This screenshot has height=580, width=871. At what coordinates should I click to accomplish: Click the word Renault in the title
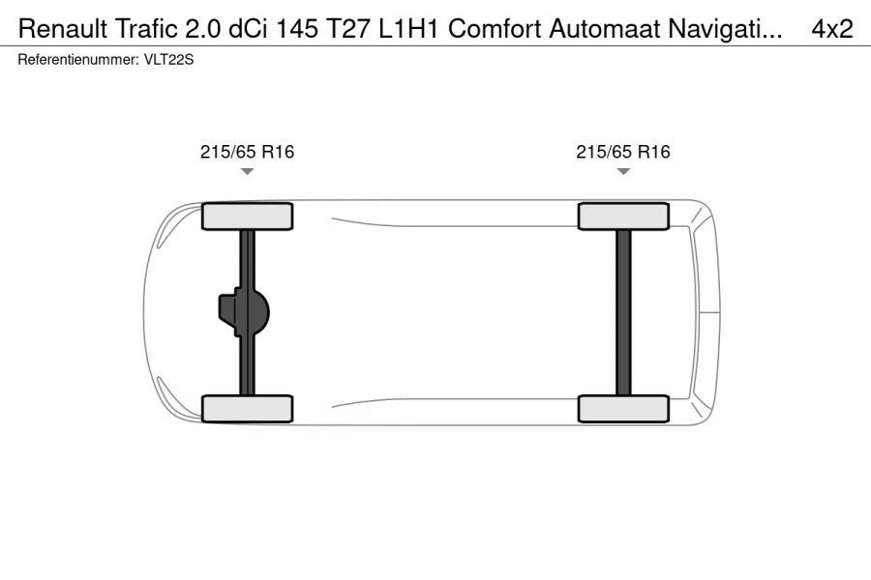(57, 29)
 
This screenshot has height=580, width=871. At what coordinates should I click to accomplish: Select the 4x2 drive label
(831, 29)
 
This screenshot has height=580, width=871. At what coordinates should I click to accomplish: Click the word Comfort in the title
(496, 29)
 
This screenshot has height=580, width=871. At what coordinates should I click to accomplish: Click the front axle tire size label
(247, 152)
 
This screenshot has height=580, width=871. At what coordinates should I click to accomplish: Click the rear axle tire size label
(623, 152)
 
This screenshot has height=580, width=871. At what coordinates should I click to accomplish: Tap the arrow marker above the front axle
(247, 171)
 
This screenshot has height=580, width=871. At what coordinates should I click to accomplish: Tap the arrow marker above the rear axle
(623, 171)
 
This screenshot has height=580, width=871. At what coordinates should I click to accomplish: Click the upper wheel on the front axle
(247, 217)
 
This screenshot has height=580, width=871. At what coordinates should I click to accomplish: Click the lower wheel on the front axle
(247, 408)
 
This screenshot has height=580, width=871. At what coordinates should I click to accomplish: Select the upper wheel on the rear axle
(623, 217)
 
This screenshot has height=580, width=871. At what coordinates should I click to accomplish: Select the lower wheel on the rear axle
(623, 408)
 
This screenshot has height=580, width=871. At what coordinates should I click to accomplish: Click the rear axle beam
(623, 312)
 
